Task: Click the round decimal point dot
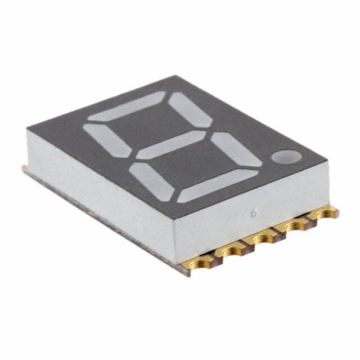point(285,156)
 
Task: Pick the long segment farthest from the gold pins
point(128,107)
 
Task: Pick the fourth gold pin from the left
point(292,227)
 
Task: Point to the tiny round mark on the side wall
point(254,213)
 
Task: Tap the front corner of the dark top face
point(175,220)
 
